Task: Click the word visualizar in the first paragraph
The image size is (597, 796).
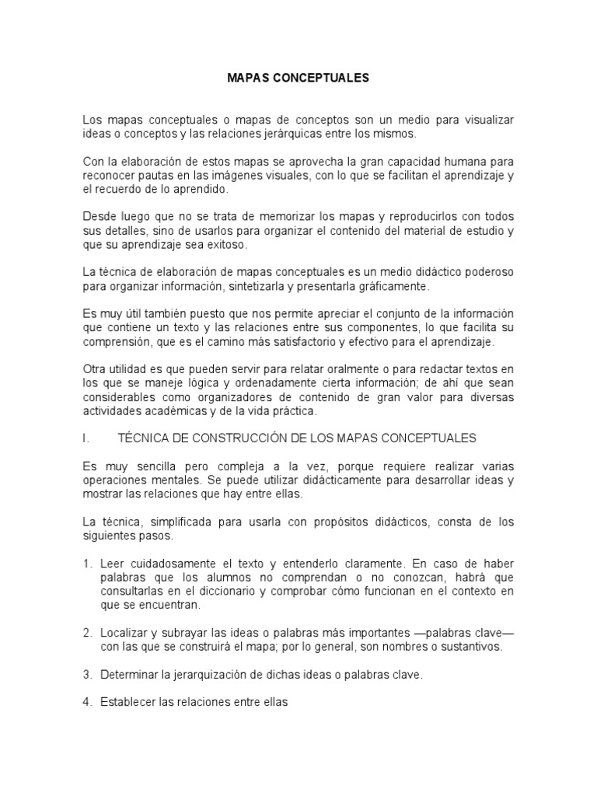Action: [x=485, y=120]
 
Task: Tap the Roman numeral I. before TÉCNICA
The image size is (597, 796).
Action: [x=85, y=438]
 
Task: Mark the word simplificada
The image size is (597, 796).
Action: [x=172, y=521]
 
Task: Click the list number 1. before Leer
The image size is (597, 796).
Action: [x=88, y=562]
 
